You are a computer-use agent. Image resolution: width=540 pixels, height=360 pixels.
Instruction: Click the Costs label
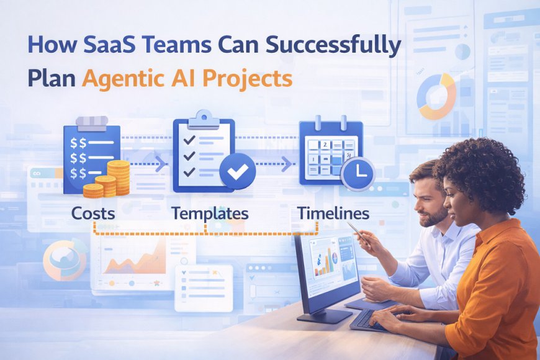coord(93,214)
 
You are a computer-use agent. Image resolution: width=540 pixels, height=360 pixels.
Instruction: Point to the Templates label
coord(210,214)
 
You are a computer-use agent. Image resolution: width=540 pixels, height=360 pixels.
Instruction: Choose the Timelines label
coord(333,214)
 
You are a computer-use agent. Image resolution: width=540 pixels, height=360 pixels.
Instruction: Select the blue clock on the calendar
coord(358,174)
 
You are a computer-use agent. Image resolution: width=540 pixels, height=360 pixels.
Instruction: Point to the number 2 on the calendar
coord(323,144)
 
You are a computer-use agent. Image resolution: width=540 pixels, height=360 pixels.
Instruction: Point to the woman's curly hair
coord(478,168)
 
